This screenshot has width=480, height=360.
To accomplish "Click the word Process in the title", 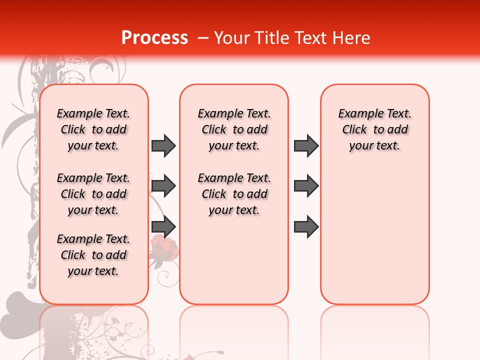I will coord(154,38).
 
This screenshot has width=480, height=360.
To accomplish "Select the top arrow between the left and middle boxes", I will coord(163,145).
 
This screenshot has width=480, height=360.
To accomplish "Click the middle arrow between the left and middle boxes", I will coord(163,186).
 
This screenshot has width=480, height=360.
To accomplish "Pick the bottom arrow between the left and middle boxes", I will coord(163,227).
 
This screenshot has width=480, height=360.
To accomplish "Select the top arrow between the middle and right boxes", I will coord(306,145).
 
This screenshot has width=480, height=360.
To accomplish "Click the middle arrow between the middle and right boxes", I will coord(306,186).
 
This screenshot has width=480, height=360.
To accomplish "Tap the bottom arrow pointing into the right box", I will coord(306,227).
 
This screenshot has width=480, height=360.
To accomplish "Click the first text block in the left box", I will coord(93,129).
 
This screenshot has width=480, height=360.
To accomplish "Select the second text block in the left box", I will coord(93,194).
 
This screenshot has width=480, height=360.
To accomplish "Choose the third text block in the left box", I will coord(93,255).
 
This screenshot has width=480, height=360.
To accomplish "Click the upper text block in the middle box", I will coord(234,129).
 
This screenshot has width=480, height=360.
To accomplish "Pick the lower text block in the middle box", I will coord(234,194).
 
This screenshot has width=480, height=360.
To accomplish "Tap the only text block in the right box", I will coord(375,129).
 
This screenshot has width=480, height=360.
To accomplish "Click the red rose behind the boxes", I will coord(163,248).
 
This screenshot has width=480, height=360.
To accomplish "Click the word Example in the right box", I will coord(358,114).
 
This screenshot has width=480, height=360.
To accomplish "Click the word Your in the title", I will coord(230,38).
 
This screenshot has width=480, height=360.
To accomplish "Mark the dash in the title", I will coord(203,38).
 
